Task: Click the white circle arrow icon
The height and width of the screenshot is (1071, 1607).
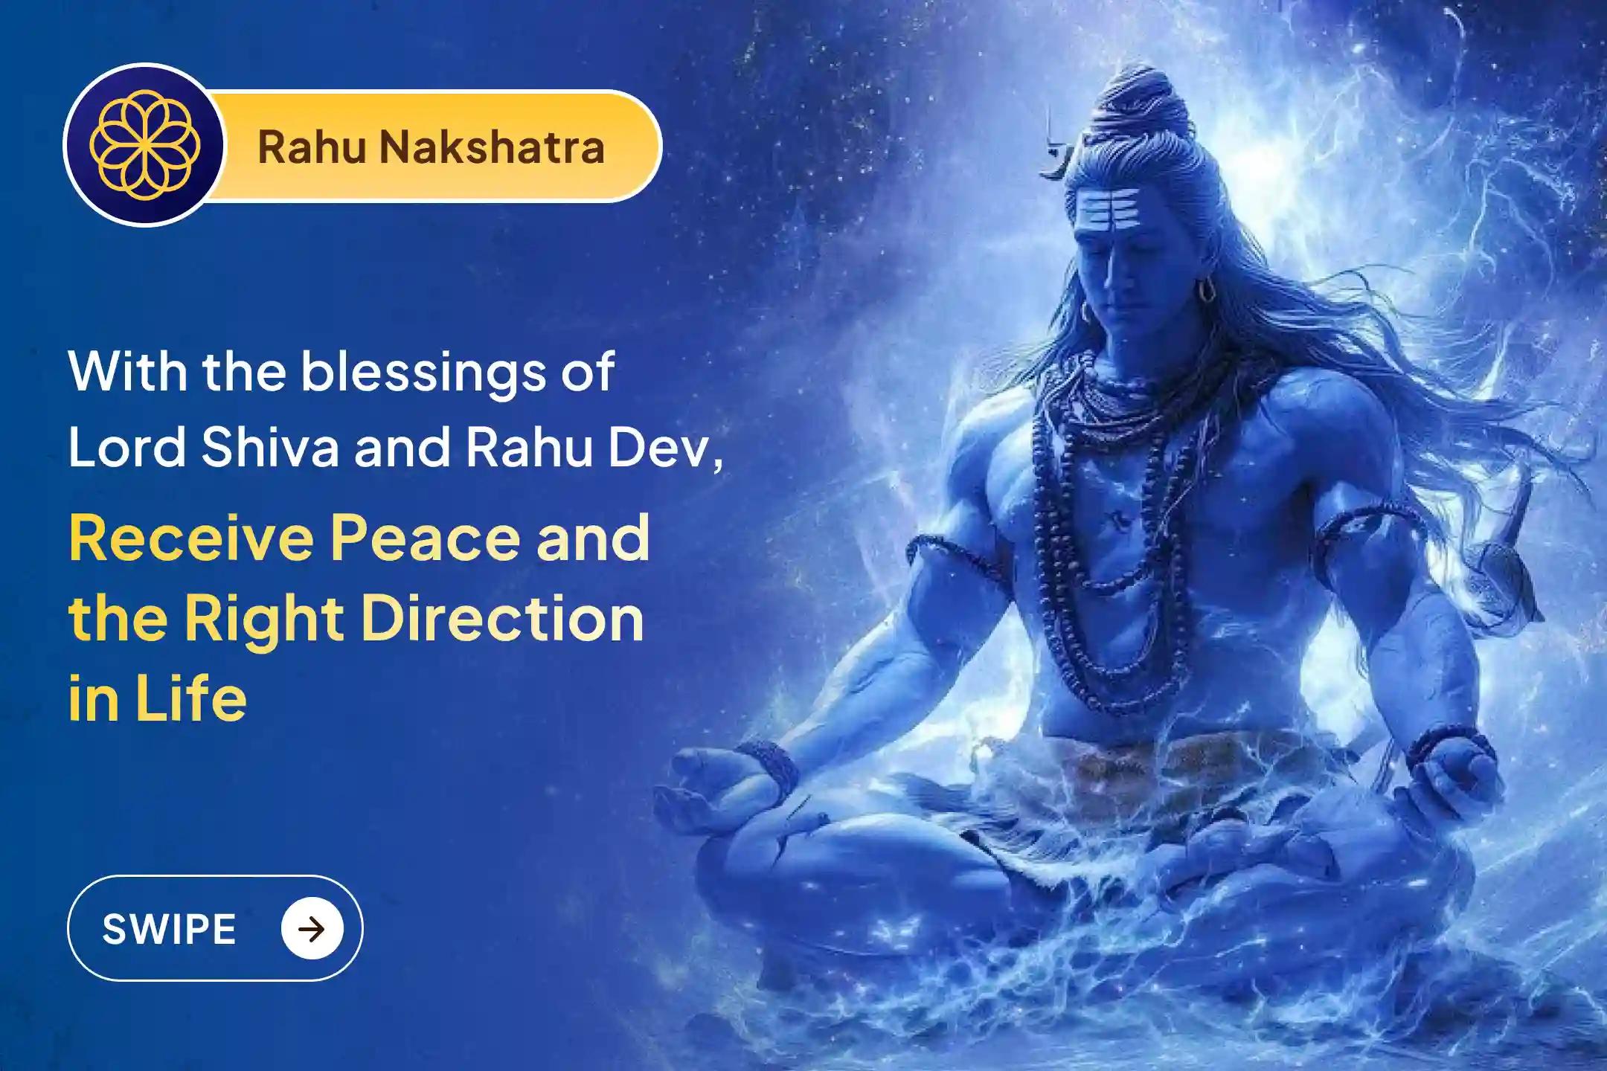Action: [312, 929]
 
